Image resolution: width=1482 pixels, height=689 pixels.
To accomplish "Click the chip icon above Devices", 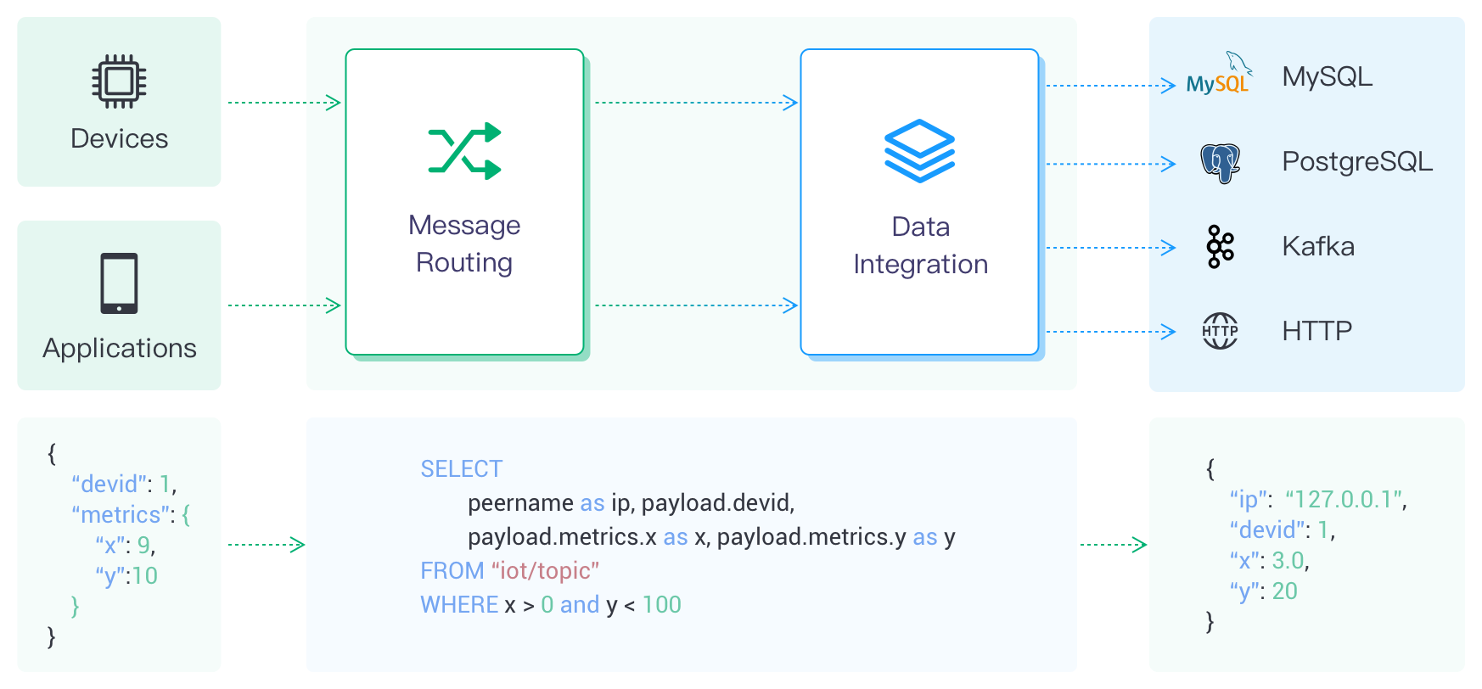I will point(119,81).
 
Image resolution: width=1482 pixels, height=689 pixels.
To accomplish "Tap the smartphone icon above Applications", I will point(119,283).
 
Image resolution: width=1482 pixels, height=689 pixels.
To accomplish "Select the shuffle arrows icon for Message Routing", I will point(464,151).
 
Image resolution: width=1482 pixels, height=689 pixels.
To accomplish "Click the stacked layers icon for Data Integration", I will point(919,151).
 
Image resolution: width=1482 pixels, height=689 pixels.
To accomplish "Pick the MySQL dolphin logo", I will point(1219,74).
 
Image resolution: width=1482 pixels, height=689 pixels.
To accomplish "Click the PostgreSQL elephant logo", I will point(1220,163).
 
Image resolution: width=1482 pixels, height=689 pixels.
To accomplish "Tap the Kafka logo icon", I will point(1220,247).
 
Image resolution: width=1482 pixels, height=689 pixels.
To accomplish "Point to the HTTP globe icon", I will point(1220,331).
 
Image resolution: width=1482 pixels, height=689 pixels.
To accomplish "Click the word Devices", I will point(119,138).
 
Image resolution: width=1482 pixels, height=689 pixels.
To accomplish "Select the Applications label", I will point(119,348).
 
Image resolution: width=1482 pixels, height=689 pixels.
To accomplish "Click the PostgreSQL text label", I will point(1356,161).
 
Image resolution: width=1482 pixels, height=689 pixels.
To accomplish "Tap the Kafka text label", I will point(1317,246).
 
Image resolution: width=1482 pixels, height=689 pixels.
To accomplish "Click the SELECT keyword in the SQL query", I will point(461,468).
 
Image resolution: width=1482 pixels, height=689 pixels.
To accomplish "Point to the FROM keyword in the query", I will point(452,570).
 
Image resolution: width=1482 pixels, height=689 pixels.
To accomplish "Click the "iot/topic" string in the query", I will point(545,570).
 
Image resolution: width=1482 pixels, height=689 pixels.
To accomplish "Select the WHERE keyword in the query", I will point(459,604).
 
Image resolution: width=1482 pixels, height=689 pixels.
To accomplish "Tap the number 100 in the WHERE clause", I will point(661,604).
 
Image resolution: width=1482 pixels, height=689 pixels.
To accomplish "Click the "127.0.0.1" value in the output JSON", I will point(1345,499).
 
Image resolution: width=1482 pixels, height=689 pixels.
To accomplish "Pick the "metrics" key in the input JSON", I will point(121,514).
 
